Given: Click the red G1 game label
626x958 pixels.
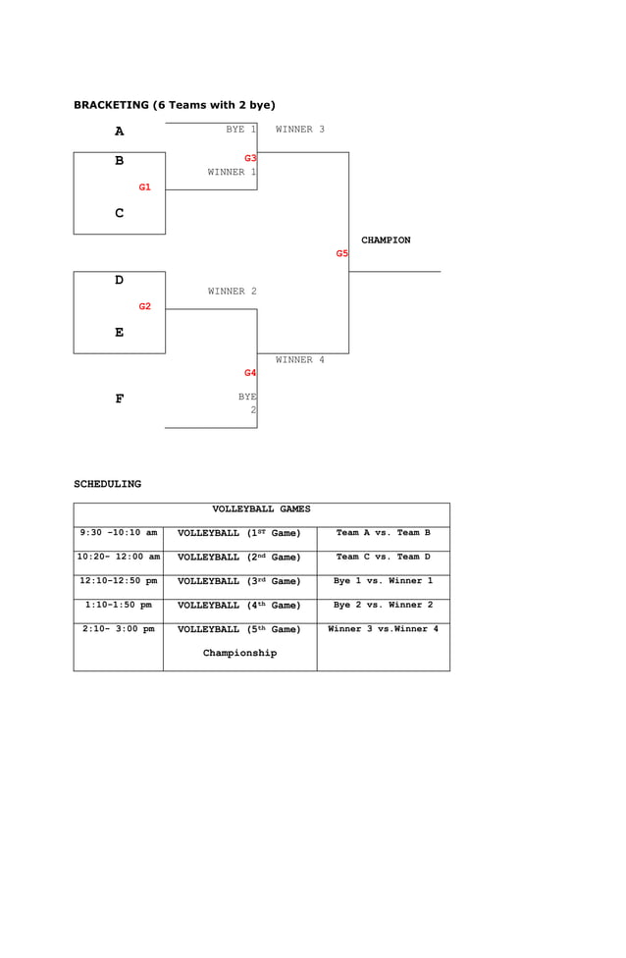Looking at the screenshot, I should click(144, 187).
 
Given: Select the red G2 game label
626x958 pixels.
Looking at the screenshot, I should click(144, 307).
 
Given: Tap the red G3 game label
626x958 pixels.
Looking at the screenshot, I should click(250, 158).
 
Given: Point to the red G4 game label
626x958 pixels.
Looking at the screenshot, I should click(250, 373).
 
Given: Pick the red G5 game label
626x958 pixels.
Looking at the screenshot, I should click(341, 254).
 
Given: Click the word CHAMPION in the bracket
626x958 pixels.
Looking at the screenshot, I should click(386, 240).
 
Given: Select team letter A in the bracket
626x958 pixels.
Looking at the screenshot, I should click(119, 132).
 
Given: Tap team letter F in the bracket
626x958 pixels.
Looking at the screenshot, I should click(119, 399).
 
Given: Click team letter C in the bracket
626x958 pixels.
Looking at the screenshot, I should click(119, 214).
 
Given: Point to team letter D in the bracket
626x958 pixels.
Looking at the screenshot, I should click(119, 281).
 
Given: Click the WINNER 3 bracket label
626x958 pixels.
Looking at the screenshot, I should click(299, 130).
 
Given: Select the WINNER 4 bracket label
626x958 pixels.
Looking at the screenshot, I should click(299, 360).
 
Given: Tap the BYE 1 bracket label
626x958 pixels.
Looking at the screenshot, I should click(240, 130).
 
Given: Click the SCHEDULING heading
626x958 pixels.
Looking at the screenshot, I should click(107, 484).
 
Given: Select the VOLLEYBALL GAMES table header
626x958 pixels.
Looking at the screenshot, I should click(261, 509).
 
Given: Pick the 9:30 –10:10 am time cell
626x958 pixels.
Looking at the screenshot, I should click(119, 533).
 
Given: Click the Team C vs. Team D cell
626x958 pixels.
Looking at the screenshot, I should click(383, 557).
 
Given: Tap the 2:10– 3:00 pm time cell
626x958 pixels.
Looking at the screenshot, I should click(119, 629).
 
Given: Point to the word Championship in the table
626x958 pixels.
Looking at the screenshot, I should click(239, 653).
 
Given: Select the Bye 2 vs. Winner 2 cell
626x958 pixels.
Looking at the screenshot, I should click(383, 605).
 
